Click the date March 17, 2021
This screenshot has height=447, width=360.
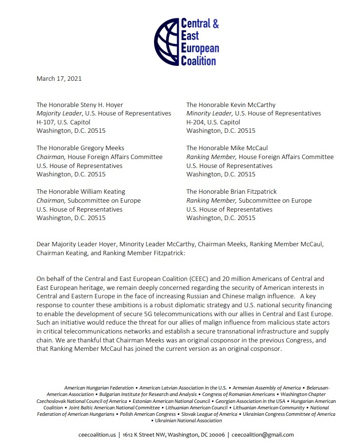point(59,78)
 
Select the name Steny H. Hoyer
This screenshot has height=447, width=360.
point(98,105)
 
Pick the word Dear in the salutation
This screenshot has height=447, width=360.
point(44,244)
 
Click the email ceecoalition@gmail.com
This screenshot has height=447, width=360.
point(263,435)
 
